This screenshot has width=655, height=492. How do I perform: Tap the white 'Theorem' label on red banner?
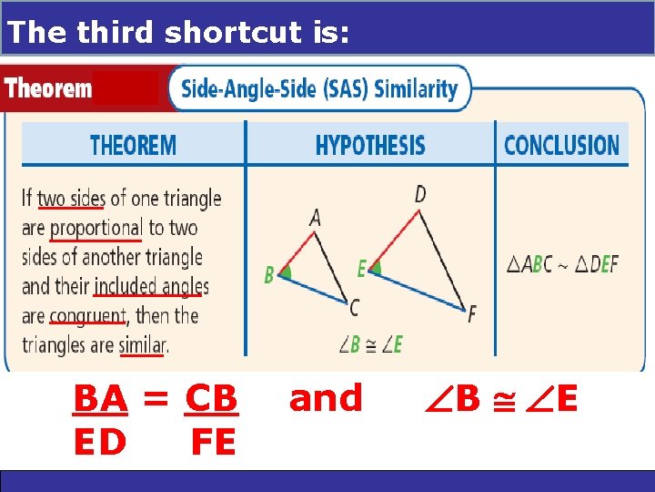coord(48,88)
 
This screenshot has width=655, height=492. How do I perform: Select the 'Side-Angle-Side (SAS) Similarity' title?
coord(319,88)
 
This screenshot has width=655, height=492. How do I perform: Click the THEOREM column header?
coord(133,145)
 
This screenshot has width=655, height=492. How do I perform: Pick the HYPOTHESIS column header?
coord(369,145)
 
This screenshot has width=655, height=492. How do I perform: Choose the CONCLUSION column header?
coord(561,145)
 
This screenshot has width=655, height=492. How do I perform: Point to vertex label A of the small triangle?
coord(315,217)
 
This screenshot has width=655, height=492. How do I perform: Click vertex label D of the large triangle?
coord(419,193)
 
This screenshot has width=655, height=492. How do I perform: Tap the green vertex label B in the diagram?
coord(269,274)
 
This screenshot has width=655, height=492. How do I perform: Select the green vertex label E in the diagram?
coord(361,269)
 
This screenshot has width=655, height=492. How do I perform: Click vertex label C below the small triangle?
coord(353,309)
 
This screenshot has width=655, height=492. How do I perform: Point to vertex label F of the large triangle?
coord(471,314)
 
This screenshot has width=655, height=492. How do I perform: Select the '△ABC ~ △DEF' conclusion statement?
coord(562,265)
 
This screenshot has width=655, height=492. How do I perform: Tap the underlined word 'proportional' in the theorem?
coord(96,228)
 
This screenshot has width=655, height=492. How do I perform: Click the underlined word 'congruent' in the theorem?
coord(87,316)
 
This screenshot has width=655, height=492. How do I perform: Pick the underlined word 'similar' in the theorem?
coord(141,345)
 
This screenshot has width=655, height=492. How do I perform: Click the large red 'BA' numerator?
coord(100,399)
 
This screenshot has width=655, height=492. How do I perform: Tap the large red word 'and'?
coord(325,398)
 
